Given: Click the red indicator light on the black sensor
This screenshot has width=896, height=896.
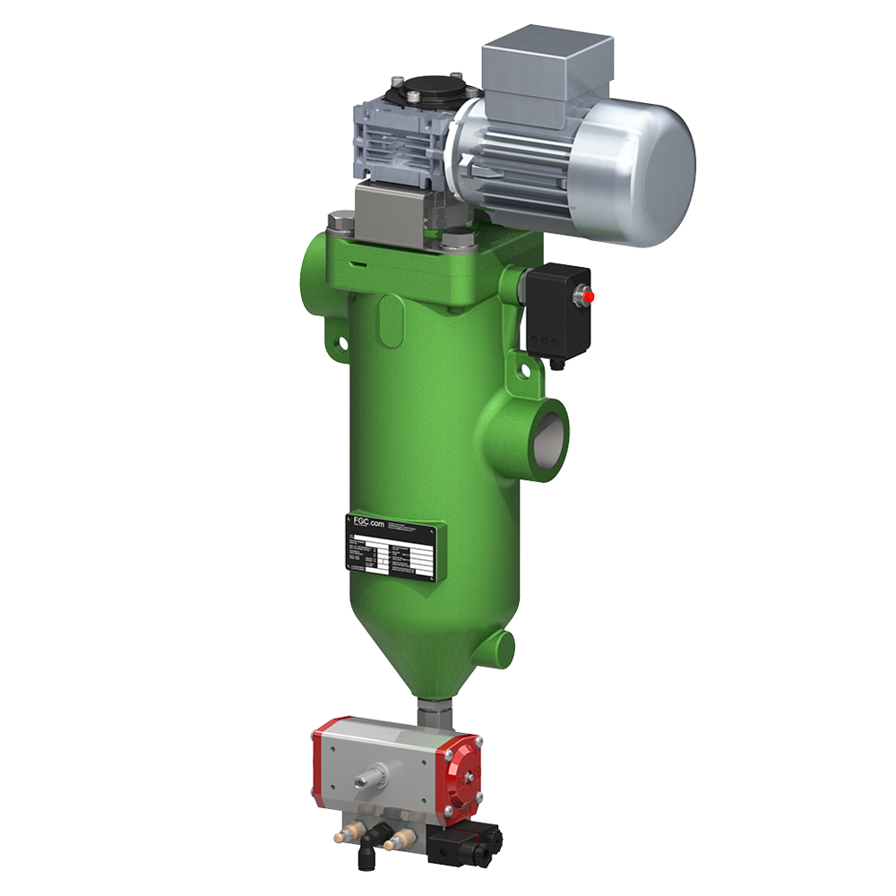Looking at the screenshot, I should click(x=588, y=295).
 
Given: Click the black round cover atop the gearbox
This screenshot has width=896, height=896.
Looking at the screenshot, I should click(x=424, y=90).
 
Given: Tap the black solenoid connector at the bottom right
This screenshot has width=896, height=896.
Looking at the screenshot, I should click(x=463, y=842).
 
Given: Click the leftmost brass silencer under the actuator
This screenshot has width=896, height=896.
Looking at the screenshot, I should click(x=343, y=835).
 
